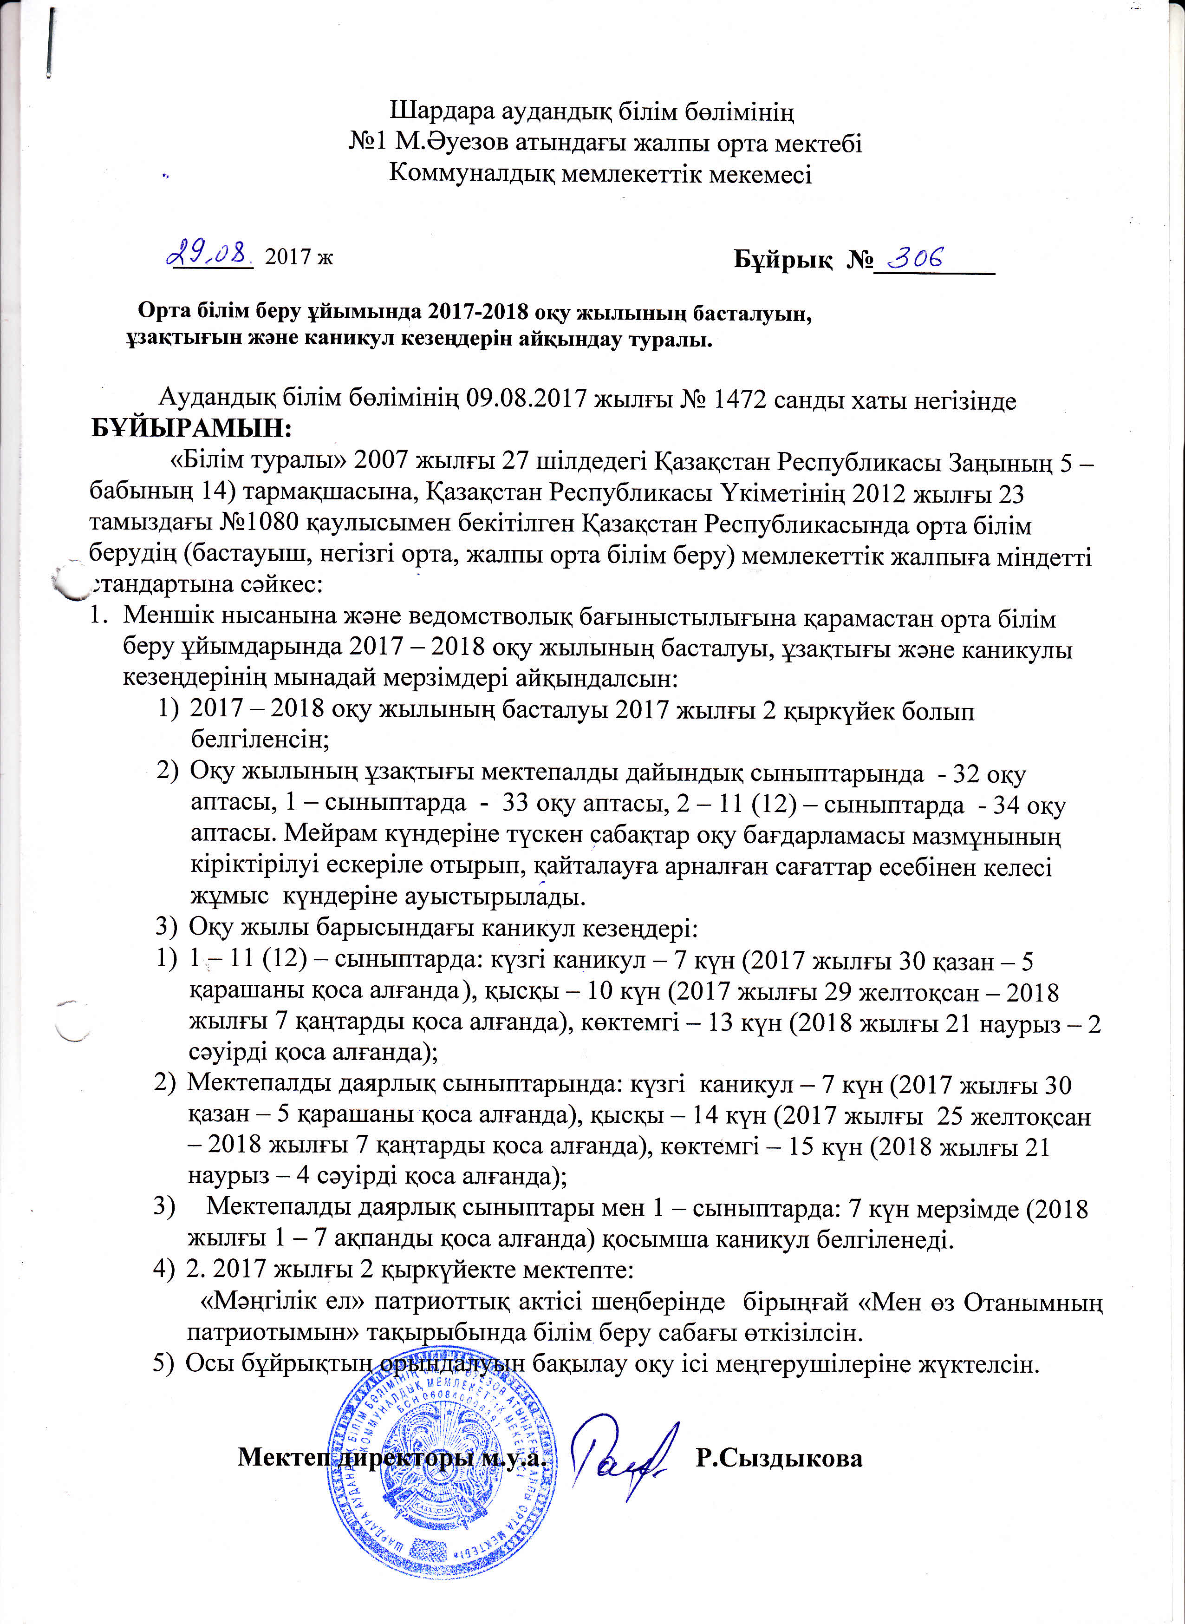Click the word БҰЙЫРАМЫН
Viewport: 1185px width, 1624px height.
[x=191, y=429]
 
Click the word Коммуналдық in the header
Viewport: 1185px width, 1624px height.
[x=471, y=174]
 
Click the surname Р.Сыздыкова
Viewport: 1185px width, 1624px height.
[x=779, y=1458]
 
